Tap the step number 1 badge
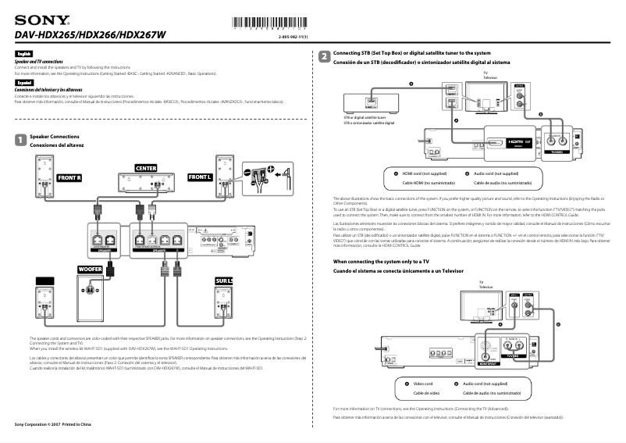(x=20, y=140)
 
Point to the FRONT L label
(x=200, y=177)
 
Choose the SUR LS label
(x=223, y=280)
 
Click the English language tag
(x=23, y=54)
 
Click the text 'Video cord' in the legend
(x=423, y=384)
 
